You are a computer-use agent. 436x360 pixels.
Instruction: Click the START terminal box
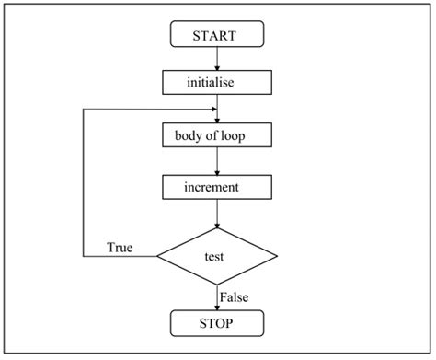216,35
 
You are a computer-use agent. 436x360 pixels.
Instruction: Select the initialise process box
216,82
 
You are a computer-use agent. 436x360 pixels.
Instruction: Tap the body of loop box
216,135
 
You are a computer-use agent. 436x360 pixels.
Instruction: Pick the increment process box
216,187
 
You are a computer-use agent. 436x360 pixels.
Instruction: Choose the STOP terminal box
216,323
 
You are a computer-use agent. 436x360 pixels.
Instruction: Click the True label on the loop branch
120,247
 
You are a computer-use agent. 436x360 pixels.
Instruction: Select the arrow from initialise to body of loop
216,108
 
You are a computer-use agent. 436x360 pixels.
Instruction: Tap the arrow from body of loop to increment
216,161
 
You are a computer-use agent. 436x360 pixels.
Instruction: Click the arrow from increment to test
216,213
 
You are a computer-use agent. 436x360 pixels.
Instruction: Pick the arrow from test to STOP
216,296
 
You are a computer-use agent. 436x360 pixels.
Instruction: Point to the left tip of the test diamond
157,254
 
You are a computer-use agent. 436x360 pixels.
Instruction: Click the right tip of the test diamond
276,254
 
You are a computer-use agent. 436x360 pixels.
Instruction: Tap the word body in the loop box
190,135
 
